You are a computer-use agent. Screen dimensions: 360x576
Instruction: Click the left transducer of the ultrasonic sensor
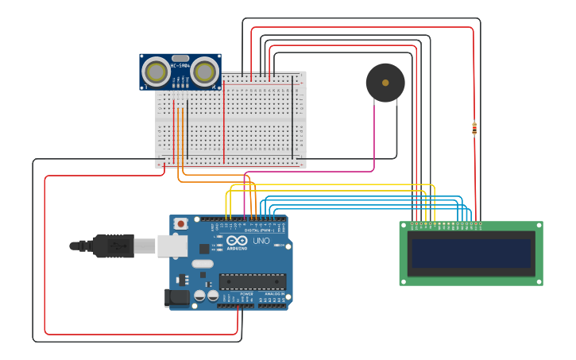coord(156,72)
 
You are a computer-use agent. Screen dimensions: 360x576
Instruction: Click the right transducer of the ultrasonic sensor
coord(204,72)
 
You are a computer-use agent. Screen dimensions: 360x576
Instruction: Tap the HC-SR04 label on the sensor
coord(180,65)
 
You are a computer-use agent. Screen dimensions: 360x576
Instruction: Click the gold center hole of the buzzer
coord(385,82)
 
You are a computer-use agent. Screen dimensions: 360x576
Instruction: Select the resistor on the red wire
coord(474,127)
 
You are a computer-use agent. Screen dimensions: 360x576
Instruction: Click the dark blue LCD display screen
coord(470,254)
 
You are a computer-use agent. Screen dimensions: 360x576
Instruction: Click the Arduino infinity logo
coord(237,241)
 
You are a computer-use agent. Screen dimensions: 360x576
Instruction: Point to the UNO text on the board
coord(261,241)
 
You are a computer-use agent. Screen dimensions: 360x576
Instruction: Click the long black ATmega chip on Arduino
coord(253,281)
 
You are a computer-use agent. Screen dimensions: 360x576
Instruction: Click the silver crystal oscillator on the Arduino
coord(203,264)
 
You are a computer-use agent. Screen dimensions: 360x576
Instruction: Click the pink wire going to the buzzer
coord(373,135)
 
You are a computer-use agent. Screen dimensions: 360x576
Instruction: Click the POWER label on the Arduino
coord(246,293)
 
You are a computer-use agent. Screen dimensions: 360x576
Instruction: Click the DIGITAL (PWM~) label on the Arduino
coord(258,230)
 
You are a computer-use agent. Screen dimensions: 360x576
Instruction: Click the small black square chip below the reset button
coord(181,279)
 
